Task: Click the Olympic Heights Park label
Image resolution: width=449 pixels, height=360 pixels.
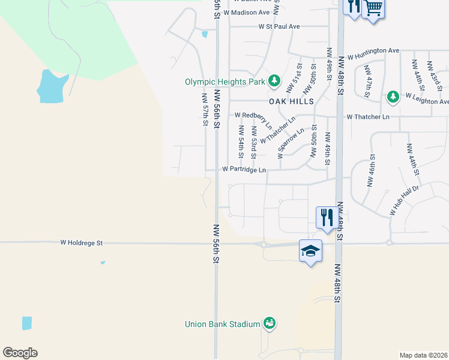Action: [x=225, y=82]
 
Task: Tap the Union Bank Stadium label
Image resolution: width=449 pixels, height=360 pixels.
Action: [x=222, y=325]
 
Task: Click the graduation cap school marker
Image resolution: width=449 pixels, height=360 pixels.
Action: [x=311, y=251]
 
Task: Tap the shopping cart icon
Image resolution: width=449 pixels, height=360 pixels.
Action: [x=373, y=8]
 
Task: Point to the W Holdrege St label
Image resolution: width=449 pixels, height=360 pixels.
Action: [x=82, y=243]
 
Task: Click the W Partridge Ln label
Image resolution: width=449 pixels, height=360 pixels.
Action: [x=244, y=170]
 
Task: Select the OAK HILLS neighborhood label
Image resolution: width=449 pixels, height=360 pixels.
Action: [x=291, y=102]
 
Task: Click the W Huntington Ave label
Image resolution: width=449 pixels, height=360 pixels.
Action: [x=373, y=52]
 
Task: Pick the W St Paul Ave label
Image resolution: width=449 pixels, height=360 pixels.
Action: [x=279, y=27]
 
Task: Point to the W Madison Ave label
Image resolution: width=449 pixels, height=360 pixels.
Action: [x=246, y=13]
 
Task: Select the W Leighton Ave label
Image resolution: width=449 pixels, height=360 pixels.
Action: [x=426, y=97]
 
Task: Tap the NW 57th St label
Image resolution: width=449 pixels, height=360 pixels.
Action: [x=205, y=109]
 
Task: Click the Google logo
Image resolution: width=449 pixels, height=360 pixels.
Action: [x=20, y=353]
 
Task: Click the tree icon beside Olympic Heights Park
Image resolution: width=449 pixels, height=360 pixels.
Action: [x=274, y=80]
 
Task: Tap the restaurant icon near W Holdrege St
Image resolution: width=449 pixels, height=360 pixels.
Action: [x=326, y=217]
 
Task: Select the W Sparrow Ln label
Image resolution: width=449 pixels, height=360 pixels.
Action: [x=291, y=142]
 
